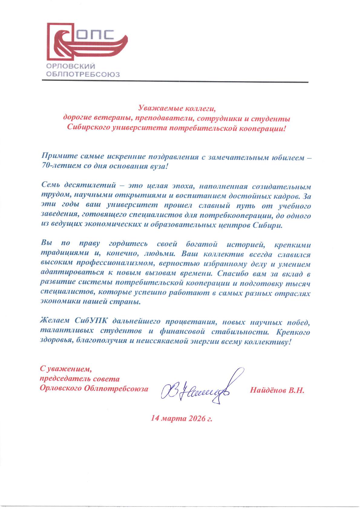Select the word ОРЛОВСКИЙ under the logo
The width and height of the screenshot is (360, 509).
coord(71,66)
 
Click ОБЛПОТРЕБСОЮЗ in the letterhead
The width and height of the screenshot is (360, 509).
coord(83,74)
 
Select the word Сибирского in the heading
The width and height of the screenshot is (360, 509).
coord(88,128)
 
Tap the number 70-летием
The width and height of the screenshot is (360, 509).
coord(58,167)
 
